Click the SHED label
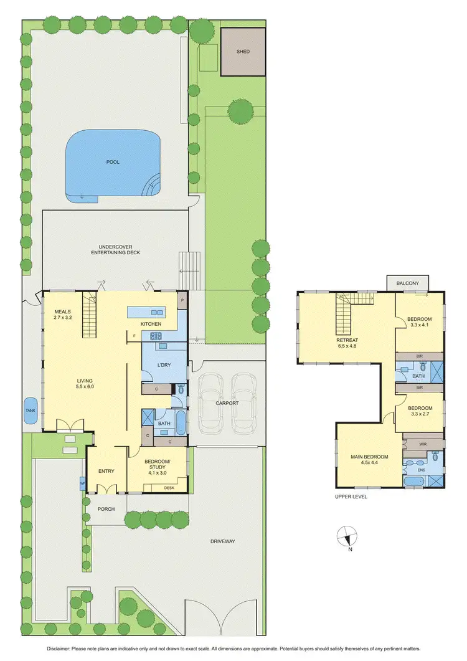tap(243, 51)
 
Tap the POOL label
tap(113, 162)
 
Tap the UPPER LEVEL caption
tap(351, 497)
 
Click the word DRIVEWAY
tap(222, 541)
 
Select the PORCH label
tap(106, 509)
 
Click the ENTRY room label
tap(106, 471)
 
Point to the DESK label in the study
tap(169, 488)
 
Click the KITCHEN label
tap(151, 324)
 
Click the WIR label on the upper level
tap(423, 444)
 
